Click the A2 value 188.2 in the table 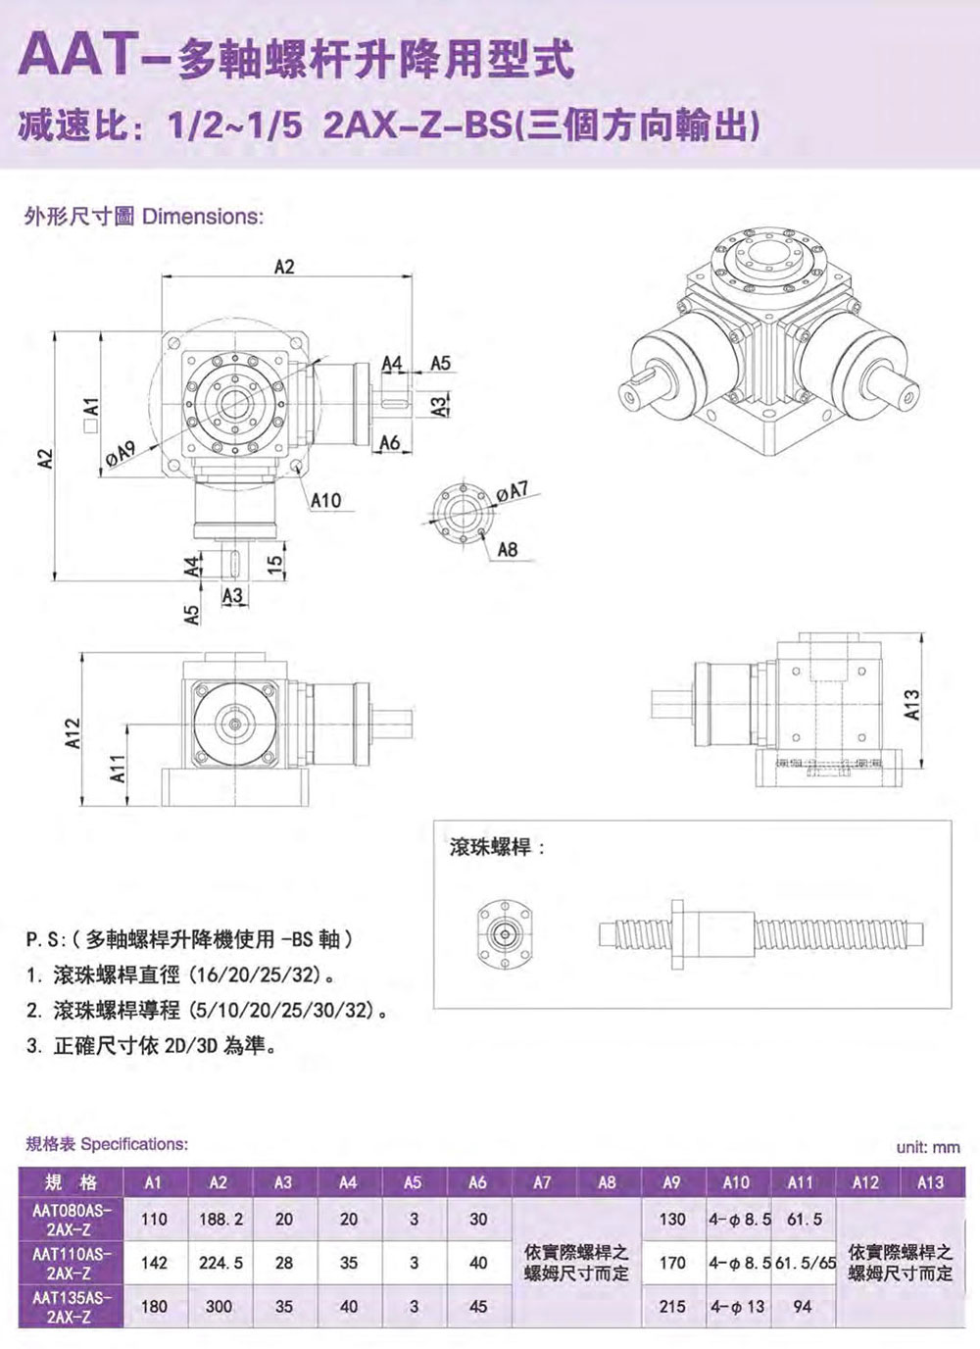220,1219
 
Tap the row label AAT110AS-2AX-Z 72,1264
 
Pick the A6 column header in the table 477,1182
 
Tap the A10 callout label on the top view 325,499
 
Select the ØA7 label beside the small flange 513,491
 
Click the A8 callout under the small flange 508,549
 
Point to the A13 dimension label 912,705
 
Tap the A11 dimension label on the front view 120,769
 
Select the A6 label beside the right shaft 390,443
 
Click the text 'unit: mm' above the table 928,1147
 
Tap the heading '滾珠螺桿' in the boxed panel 491,847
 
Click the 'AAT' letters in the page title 75,57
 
